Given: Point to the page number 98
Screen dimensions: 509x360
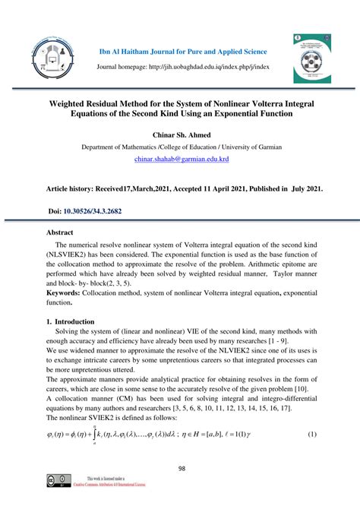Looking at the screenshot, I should pyautogui.click(x=180, y=468).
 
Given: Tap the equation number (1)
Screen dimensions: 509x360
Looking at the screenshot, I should pyautogui.click(x=311, y=434).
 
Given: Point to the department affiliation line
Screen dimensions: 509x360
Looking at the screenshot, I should pyautogui.click(x=180, y=147).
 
